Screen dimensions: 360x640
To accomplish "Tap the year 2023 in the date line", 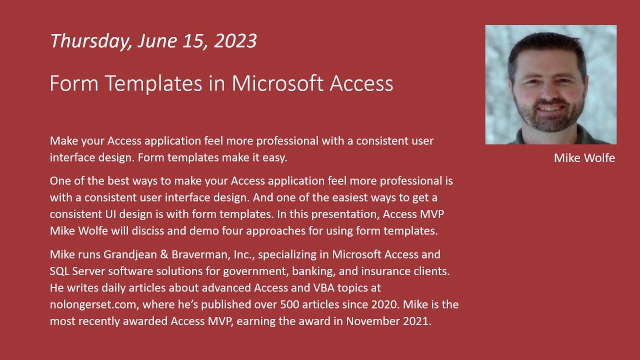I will (x=235, y=41).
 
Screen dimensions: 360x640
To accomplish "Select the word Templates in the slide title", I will (x=153, y=83).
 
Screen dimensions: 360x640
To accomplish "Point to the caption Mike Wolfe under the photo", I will (x=584, y=158).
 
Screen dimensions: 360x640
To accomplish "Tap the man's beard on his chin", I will (x=549, y=122).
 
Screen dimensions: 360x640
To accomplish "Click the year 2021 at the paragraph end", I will (x=416, y=321).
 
